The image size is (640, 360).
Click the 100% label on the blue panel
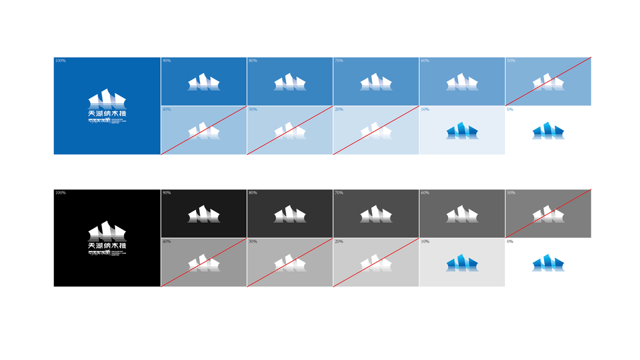pyautogui.click(x=60, y=61)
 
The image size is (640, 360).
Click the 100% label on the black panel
pyautogui.click(x=60, y=193)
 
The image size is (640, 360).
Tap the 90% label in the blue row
pyautogui.click(x=166, y=61)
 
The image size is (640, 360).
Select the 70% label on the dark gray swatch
pyautogui.click(x=339, y=193)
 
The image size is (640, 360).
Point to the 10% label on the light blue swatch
pyautogui.click(x=425, y=109)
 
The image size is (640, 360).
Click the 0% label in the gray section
pyautogui.click(x=510, y=241)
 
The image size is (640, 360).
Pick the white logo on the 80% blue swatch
pyautogui.click(x=290, y=82)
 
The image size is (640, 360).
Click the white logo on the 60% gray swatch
pyautogui.click(x=462, y=214)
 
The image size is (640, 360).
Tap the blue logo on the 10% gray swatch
pyautogui.click(x=462, y=263)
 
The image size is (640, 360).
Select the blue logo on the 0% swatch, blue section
pyautogui.click(x=548, y=131)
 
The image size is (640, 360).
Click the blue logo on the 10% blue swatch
pyautogui.click(x=462, y=131)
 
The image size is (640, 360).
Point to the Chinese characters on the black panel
pyautogui.click(x=107, y=245)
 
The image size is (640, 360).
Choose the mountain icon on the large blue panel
pyautogui.click(x=107, y=98)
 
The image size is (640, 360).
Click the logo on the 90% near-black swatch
pyautogui.click(x=204, y=214)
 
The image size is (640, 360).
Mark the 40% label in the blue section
pyautogui.click(x=166, y=109)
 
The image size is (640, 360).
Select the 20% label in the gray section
pyautogui.click(x=339, y=241)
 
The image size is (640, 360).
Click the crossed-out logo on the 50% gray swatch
pyautogui.click(x=548, y=214)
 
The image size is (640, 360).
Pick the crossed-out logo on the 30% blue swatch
pyautogui.click(x=290, y=131)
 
